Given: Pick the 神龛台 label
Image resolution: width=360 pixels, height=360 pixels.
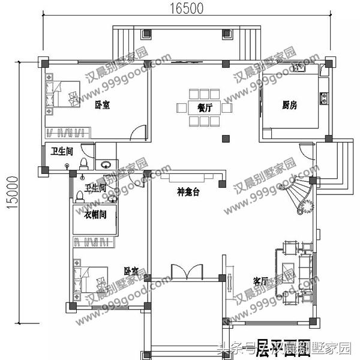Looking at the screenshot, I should coord(187,192).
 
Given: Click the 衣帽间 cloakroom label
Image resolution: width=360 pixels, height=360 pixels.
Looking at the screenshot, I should coord(95,214).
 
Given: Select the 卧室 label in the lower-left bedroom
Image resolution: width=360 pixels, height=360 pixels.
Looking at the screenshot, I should coord(131,272).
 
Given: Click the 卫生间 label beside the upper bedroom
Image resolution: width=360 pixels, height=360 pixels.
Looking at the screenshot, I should coord(61,151).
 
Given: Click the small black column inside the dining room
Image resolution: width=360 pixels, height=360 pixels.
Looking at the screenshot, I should coord(225,139).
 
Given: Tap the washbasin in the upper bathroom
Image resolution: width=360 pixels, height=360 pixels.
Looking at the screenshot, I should coord(106,164).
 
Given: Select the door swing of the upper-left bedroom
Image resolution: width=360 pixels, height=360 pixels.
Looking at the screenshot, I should coord(138,132).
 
